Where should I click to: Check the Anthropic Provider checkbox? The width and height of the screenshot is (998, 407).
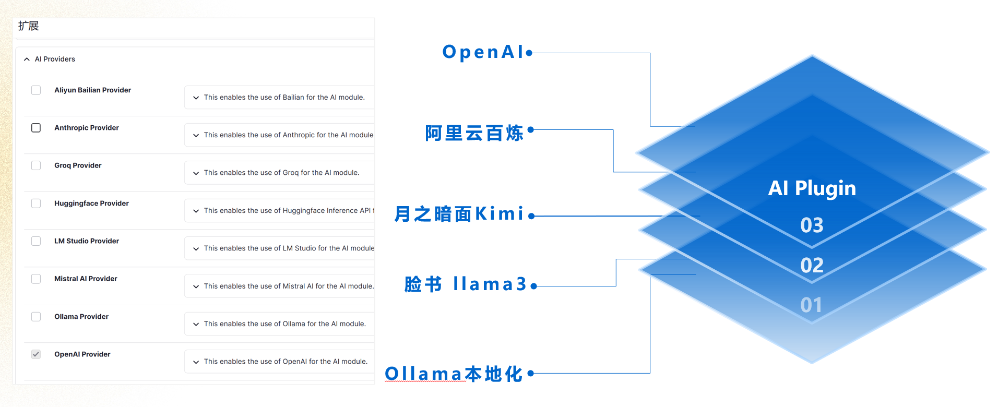pos(36,128)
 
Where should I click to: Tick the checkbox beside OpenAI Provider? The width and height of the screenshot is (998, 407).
pos(36,354)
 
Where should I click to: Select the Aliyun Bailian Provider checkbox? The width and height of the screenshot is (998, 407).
pos(36,90)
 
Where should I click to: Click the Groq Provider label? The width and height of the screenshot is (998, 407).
pos(78,165)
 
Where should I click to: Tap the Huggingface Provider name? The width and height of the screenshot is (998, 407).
pos(91,203)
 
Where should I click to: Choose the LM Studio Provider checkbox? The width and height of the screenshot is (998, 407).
pos(36,241)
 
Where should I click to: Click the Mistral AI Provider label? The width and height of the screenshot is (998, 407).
pos(86,279)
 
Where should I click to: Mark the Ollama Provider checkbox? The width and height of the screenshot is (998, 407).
pos(36,317)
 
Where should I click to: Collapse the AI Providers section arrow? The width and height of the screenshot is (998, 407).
pos(27,59)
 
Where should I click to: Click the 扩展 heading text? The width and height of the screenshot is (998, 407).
pos(28,26)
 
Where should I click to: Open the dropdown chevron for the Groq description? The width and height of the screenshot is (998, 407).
pos(196,173)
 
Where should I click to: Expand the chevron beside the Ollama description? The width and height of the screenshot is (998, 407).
pos(196,325)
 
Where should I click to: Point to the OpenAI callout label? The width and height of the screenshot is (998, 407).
pos(483,52)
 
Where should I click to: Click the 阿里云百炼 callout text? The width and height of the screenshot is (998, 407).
pos(474,133)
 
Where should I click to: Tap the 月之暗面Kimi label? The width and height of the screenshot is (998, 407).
pos(459,214)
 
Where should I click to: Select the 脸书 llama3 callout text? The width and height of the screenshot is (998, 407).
pos(465,284)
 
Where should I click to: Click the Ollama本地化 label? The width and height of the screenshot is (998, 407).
pos(454,374)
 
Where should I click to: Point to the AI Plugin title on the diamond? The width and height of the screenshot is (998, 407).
pos(812,188)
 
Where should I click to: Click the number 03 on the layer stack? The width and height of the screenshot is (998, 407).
pos(812,225)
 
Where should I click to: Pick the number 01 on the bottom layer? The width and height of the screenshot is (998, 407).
pos(811,305)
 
